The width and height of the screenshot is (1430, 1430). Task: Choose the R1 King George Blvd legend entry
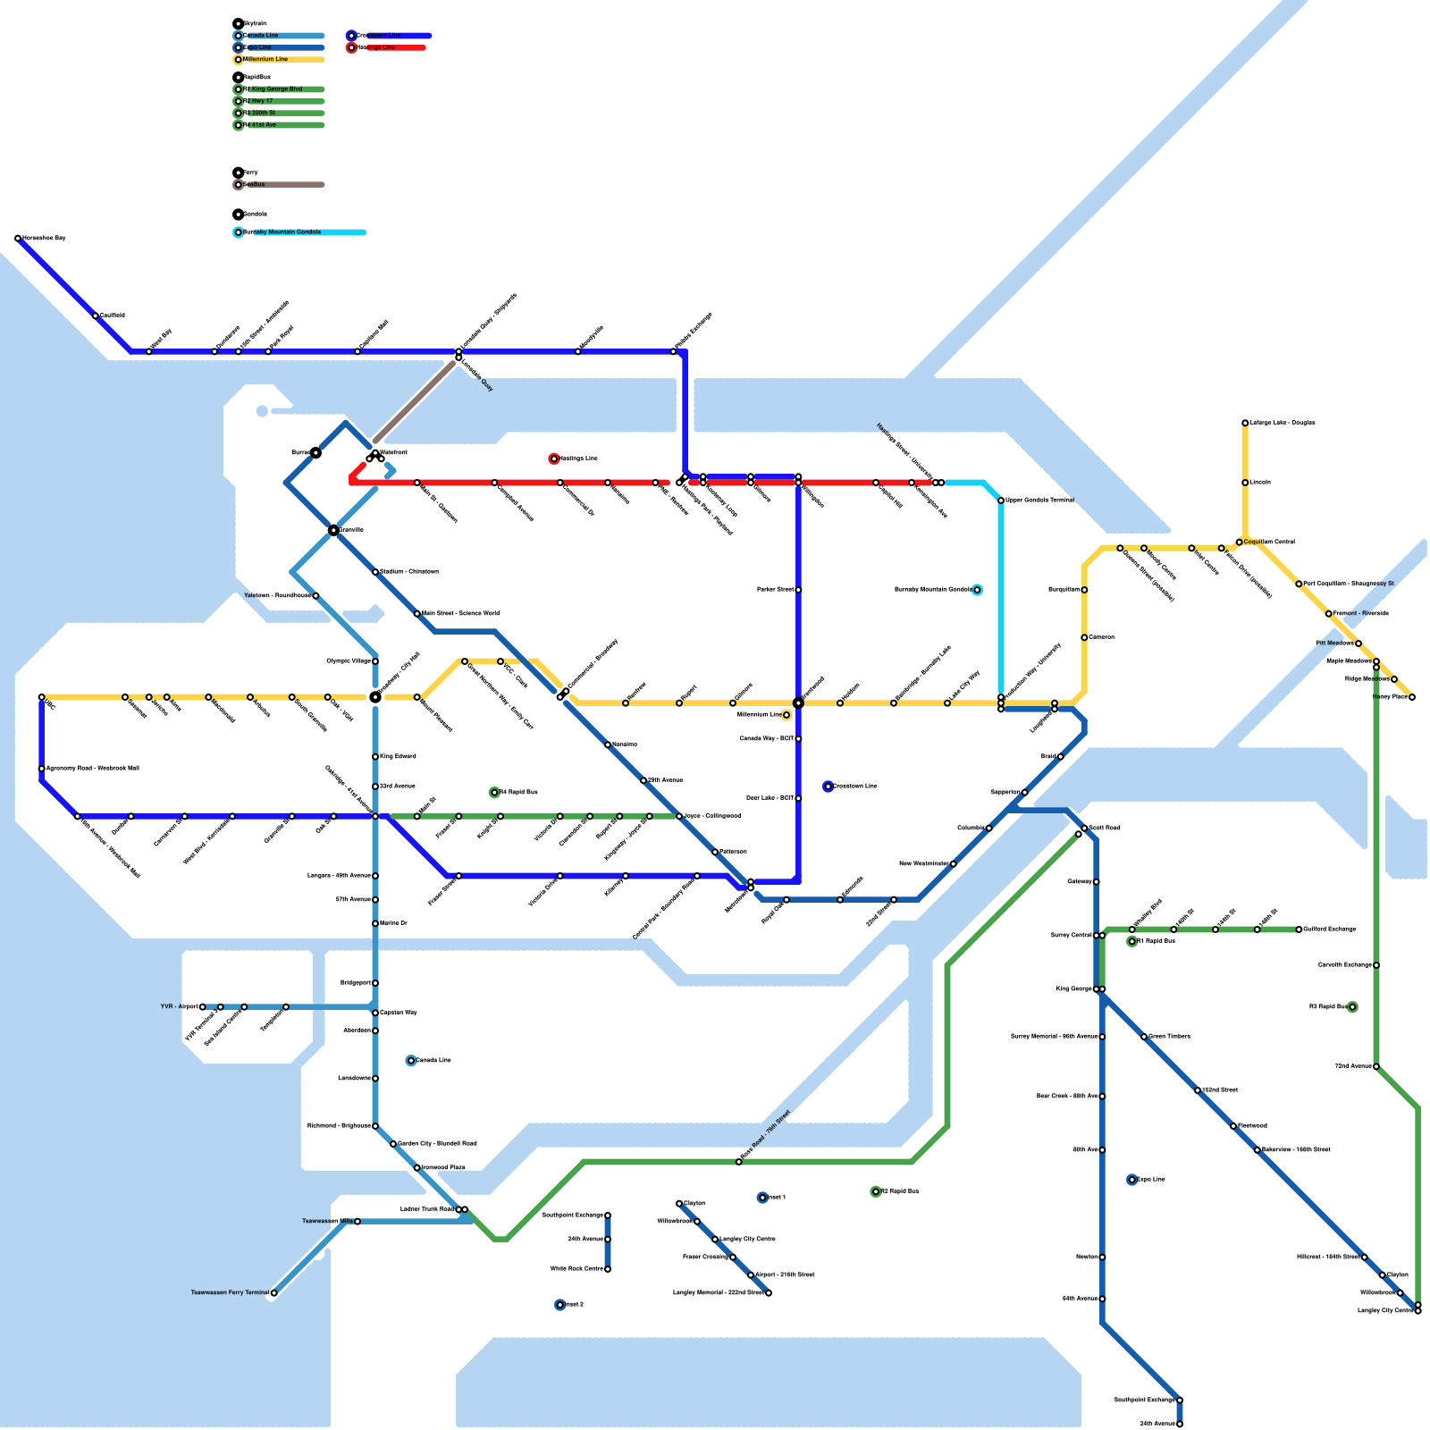coord(276,89)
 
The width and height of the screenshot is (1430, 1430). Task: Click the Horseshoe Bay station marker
coord(18,239)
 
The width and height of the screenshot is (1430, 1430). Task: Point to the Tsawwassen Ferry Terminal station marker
coord(273,1293)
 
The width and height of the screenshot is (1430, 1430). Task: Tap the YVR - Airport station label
coord(179,1006)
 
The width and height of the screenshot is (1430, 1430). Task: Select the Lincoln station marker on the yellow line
coord(1245,483)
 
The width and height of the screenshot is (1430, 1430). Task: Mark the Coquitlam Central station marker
coord(1240,543)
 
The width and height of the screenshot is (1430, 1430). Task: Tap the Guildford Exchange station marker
coord(1299,929)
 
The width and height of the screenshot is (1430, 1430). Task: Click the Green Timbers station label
coord(1169,1037)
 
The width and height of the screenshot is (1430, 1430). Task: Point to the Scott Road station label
coord(1105,828)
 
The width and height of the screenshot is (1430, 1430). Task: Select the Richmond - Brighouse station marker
coord(375,1126)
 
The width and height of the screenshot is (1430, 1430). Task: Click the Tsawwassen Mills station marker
coord(357,1222)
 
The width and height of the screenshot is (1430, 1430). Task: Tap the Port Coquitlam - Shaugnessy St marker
coord(1299,585)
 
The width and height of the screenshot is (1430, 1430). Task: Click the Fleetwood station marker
coord(1233,1126)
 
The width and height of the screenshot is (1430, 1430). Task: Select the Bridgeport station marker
coord(375,983)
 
